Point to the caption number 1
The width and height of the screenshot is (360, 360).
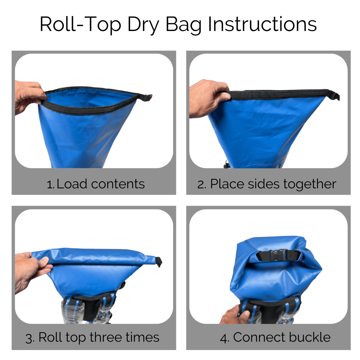coord(50,184)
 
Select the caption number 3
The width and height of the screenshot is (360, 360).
coord(30,338)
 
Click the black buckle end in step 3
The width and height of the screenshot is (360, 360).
coord(159,262)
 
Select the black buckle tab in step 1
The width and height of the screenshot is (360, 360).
coord(146,97)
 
